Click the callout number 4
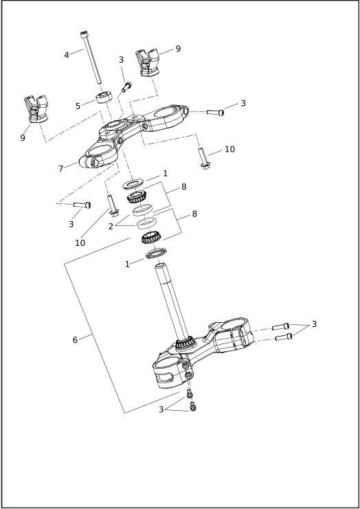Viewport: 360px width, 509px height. pos(67,55)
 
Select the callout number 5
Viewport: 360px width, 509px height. pos(78,106)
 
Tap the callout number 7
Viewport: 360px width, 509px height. pos(60,169)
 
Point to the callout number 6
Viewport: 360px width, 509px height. pos(75,340)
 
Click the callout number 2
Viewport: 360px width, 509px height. pos(111,227)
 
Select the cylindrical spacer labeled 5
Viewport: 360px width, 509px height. pos(104,98)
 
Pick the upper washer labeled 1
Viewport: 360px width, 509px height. pos(133,184)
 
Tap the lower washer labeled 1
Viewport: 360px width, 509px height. pos(156,253)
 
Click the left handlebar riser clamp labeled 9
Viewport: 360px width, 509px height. pos(36,109)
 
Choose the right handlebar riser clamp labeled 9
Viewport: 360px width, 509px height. pos(147,63)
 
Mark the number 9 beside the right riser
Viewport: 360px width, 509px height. pos(178,49)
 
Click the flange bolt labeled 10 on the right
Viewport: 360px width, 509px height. pos(203,158)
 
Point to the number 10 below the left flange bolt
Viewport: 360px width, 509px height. pos(80,242)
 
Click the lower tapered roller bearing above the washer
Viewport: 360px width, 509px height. pos(152,238)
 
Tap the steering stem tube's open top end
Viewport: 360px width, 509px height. pos(160,267)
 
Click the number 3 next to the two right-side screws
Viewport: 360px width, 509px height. pos(314,324)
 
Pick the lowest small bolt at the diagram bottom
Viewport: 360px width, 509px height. pos(193,407)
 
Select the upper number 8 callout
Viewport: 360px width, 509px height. pos(183,187)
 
